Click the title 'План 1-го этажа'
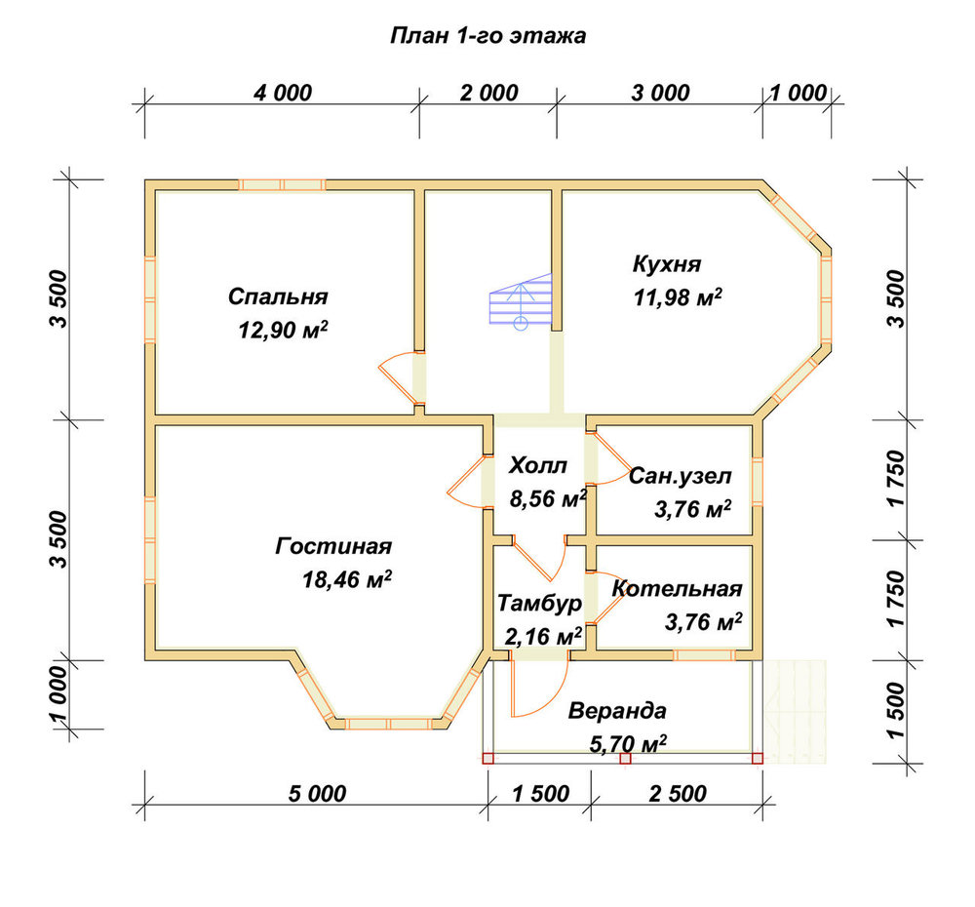[487, 35]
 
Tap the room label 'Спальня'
[278, 296]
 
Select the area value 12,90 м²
[283, 329]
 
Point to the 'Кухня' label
[667, 263]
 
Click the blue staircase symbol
[521, 301]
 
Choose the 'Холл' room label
[538, 465]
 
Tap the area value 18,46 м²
[347, 579]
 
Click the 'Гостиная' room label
[333, 546]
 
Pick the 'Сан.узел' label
[681, 476]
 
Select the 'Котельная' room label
[678, 588]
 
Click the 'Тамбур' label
[540, 603]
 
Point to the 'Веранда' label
[617, 710]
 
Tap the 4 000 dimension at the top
[283, 93]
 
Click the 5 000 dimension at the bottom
[317, 793]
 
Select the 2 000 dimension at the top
[488, 93]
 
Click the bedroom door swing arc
[387, 379]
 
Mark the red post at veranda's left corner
[488, 759]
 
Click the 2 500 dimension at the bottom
[678, 793]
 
